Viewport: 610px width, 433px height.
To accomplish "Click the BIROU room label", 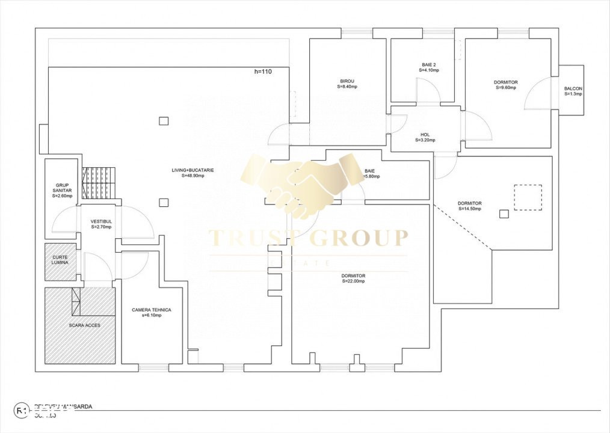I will coord(347,81).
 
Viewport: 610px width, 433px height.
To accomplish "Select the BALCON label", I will coord(573,89).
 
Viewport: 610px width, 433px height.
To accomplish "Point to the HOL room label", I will coord(425,135).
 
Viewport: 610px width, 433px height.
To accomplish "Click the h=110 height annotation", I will coord(263,72).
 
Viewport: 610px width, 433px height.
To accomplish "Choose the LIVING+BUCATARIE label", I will coord(193,170).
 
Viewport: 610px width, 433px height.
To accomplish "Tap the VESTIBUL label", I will coord(102,221).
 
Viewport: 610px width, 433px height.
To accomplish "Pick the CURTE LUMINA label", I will coord(60,260).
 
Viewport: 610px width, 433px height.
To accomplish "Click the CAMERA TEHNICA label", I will coord(152,310).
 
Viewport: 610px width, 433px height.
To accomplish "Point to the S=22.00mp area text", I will coord(354,281).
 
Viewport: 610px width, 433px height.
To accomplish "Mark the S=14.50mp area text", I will coord(469,209).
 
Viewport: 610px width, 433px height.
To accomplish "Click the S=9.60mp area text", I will coord(506,88).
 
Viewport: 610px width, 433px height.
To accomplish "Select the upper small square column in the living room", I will coord(164,121).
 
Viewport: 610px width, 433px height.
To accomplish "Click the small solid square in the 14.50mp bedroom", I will coord(504,213).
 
